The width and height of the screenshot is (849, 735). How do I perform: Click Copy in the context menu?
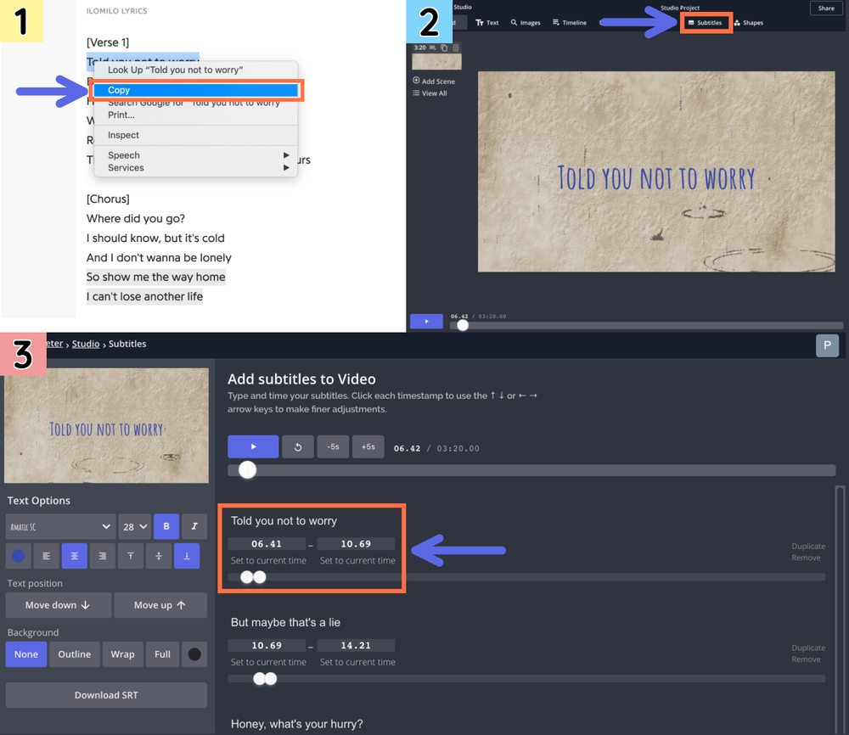(119, 90)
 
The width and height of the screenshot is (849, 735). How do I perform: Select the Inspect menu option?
(123, 135)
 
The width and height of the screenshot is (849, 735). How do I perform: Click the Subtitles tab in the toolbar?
(705, 23)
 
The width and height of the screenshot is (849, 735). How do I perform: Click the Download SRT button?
(106, 695)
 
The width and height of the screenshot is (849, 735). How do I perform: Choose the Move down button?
(58, 605)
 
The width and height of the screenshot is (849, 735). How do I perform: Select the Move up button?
(160, 605)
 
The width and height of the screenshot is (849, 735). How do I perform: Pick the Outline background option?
(75, 654)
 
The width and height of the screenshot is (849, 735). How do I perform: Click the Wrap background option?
(122, 654)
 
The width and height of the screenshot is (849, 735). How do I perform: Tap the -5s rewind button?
(333, 447)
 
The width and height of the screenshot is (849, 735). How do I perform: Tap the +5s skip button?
(368, 447)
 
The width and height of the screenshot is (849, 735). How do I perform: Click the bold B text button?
(166, 527)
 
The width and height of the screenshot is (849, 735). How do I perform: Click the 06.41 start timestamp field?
(267, 544)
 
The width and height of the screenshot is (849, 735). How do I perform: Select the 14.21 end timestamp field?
(356, 646)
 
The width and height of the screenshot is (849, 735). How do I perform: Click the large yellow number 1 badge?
(22, 21)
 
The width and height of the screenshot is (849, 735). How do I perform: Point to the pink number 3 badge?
(22, 355)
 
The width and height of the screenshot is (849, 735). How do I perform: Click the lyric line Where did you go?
(135, 219)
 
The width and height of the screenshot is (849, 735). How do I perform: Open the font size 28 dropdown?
(134, 527)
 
